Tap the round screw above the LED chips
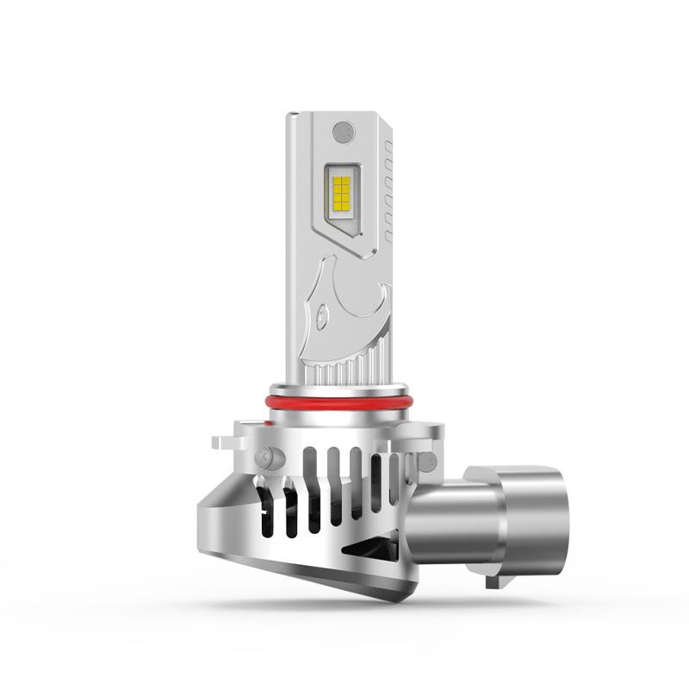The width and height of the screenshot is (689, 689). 343,132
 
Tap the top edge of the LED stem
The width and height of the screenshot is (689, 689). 336,115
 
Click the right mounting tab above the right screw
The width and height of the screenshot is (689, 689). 431,438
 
